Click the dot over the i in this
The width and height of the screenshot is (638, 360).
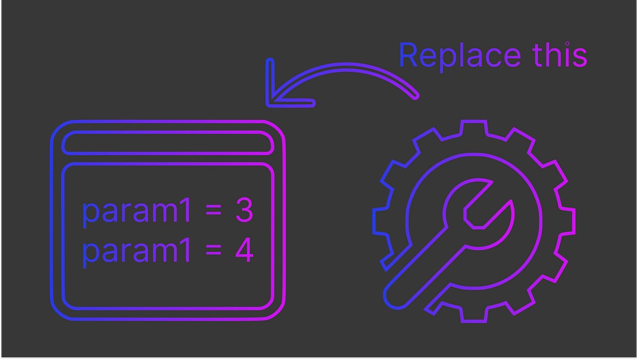tap(567, 44)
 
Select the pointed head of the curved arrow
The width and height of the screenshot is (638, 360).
tap(271, 99)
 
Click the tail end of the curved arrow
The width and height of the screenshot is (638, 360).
tap(415, 96)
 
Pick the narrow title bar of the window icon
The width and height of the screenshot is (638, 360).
tap(167, 143)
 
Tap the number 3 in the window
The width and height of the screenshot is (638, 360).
tap(244, 211)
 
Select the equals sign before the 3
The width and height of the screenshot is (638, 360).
tap(213, 212)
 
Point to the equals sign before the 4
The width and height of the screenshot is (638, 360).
tap(213, 252)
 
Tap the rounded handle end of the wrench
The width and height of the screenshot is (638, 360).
tap(396, 295)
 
